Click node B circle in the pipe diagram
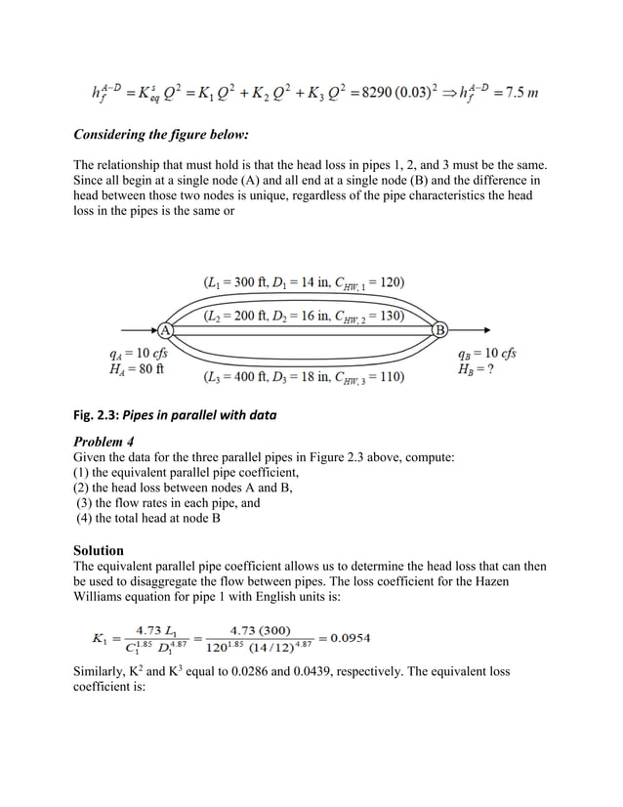click(x=439, y=329)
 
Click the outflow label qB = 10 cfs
click(x=486, y=353)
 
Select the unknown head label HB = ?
click(x=480, y=369)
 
